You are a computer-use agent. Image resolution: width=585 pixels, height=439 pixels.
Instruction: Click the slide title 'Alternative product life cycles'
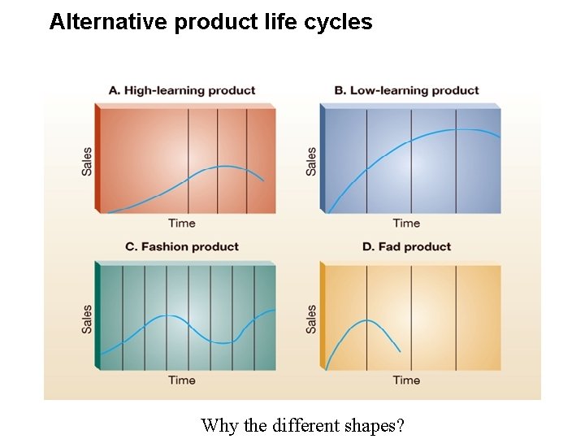210,22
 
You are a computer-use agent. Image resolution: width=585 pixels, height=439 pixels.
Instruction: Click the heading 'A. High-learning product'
182,90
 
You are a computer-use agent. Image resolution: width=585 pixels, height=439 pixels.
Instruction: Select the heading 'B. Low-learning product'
406,90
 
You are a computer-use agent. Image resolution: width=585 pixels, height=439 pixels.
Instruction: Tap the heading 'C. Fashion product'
182,246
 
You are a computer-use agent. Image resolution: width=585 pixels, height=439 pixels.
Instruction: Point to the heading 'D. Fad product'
406,246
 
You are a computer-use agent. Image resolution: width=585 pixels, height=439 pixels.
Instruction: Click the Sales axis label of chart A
87,161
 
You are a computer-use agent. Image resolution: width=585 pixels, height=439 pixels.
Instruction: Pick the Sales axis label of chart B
311,161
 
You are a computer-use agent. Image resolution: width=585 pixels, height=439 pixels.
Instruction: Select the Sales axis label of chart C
87,319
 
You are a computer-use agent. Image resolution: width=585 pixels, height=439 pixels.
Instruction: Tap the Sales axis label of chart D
311,319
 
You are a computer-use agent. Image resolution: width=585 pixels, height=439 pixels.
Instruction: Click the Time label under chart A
182,223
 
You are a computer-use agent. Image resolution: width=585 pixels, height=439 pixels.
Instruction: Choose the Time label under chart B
406,223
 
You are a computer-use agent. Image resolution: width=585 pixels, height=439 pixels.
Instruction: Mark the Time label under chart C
182,380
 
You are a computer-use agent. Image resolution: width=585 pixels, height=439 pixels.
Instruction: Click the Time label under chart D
406,380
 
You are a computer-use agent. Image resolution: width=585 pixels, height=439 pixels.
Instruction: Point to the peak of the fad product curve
367,320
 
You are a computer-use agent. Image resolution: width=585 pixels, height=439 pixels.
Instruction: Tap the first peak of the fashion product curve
168,315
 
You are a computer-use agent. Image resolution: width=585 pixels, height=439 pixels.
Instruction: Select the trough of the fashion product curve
223,343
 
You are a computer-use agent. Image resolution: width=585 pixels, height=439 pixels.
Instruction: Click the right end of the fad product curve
400,351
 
